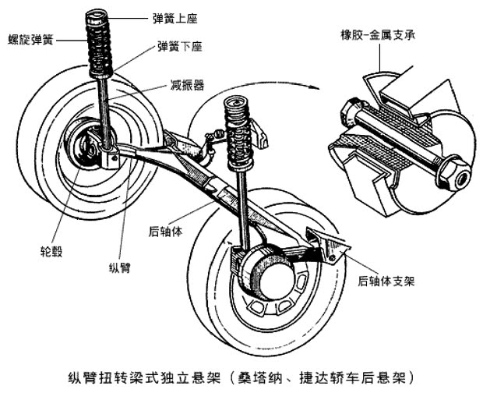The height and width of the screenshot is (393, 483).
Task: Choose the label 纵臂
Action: [119, 267]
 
